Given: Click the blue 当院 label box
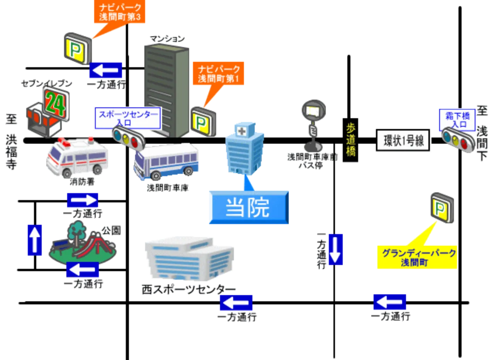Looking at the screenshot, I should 248,208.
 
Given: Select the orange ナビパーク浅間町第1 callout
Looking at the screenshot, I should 218,73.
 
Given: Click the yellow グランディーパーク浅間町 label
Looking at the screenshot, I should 417,258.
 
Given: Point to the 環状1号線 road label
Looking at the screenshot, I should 403,141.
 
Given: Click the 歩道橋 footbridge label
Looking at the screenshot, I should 350,140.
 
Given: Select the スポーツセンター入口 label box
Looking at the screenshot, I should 128,118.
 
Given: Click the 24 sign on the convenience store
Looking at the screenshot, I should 56,103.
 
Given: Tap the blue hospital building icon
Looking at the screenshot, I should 245,149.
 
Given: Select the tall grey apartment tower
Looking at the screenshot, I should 166,90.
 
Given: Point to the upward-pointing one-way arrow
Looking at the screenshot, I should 35,239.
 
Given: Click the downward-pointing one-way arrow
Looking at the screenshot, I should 335,249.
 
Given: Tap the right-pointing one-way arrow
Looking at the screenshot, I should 82,200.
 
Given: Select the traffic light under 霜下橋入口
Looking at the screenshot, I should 458,139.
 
